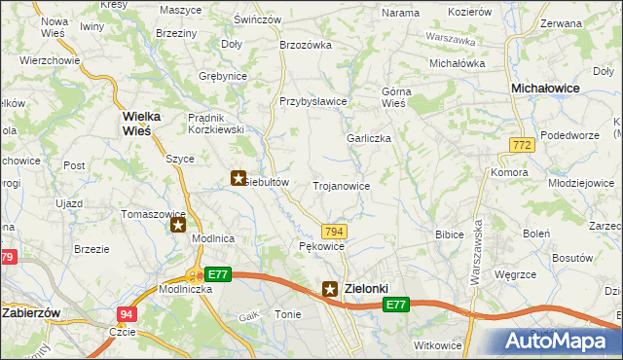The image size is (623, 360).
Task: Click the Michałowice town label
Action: pyautogui.click(x=546, y=88)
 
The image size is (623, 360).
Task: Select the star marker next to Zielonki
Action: pyautogui.click(x=331, y=289)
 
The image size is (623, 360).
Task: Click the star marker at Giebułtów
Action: pyautogui.click(x=238, y=178)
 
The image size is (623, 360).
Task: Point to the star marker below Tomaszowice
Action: pyautogui.click(x=178, y=226)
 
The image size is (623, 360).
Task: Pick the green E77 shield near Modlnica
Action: pyautogui.click(x=218, y=274)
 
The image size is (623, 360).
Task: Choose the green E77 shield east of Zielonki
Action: pyautogui.click(x=394, y=306)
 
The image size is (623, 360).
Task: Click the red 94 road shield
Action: pyautogui.click(x=127, y=313)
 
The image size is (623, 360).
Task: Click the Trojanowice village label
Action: pyautogui.click(x=341, y=185)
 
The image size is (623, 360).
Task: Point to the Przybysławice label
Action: pyautogui.click(x=313, y=101)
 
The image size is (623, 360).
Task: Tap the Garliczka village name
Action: pyautogui.click(x=369, y=138)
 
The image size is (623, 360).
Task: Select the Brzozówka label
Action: pyautogui.click(x=306, y=45)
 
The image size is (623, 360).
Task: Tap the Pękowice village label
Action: pyautogui.click(x=321, y=247)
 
